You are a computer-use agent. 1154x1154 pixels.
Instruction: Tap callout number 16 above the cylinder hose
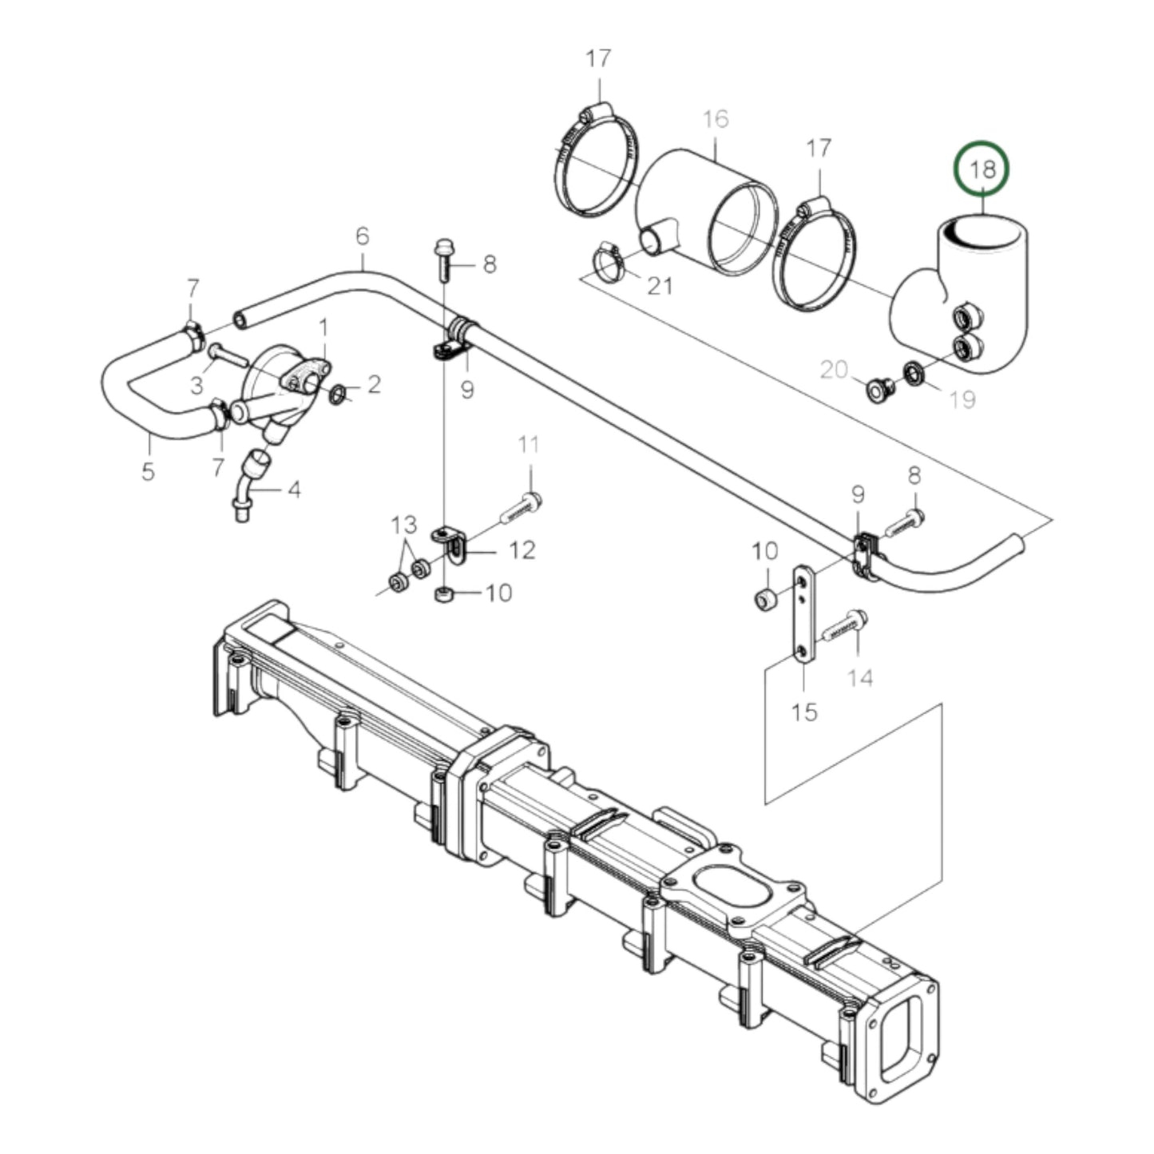(x=716, y=120)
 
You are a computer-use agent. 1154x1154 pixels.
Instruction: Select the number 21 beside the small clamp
(x=659, y=285)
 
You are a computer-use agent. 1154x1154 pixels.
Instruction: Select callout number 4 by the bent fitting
(x=294, y=489)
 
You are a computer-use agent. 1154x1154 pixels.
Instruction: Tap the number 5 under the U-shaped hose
(x=148, y=471)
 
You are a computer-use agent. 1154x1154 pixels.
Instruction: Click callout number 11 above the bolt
(x=529, y=446)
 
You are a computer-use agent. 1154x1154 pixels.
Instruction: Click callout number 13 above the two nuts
(x=404, y=525)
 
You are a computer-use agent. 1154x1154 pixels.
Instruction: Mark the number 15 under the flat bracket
(x=805, y=711)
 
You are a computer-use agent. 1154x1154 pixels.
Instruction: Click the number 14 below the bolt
(x=860, y=678)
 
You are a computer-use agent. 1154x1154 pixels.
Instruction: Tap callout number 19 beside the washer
(x=964, y=399)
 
